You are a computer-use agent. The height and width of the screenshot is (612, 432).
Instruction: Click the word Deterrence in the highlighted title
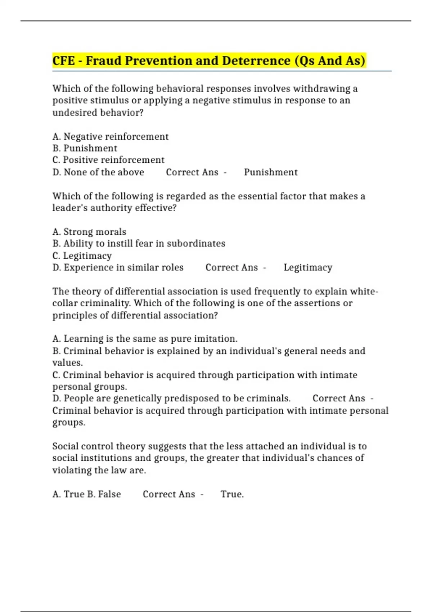tap(256, 60)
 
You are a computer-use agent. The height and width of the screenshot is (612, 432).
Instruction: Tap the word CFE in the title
tap(64, 60)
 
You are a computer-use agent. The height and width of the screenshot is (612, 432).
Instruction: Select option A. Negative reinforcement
tap(110, 136)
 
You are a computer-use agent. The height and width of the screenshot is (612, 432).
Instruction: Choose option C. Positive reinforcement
tap(108, 160)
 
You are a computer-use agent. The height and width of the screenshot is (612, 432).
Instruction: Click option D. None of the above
tap(98, 172)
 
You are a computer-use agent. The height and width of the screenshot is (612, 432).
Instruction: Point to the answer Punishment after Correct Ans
tap(271, 172)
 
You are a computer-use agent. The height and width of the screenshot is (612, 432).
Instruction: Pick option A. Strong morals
tap(89, 231)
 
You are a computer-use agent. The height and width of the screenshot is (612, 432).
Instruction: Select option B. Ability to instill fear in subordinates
tap(139, 243)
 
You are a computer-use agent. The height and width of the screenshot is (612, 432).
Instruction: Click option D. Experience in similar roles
tap(118, 267)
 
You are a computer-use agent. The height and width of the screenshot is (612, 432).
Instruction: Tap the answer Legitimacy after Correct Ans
tap(308, 267)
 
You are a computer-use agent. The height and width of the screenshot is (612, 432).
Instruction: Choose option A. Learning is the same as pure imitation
tap(145, 339)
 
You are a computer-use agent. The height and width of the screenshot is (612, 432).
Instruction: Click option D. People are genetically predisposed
tap(171, 399)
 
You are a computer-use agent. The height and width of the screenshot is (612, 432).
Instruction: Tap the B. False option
tap(104, 494)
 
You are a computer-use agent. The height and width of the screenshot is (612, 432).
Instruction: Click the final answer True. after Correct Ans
tap(232, 494)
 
